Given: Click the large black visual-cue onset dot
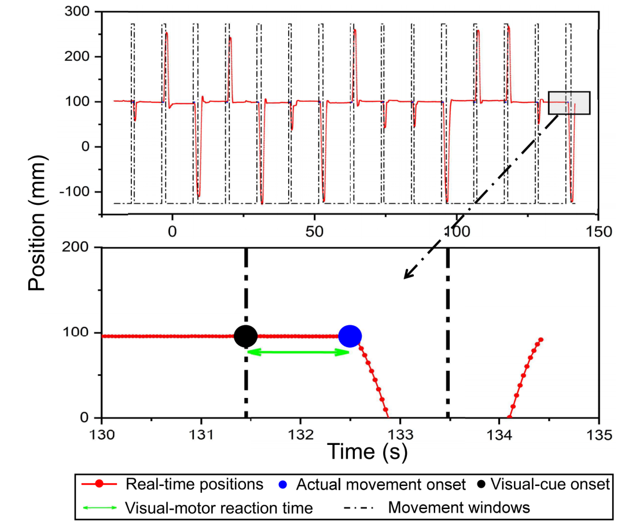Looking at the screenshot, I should (x=245, y=336).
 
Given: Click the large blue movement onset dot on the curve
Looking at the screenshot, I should (x=350, y=336).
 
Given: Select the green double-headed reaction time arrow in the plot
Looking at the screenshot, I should (x=297, y=351).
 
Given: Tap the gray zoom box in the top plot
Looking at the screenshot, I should (x=569, y=103).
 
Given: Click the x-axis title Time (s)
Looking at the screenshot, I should (x=367, y=451).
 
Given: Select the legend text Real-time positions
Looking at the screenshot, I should (x=194, y=484).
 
